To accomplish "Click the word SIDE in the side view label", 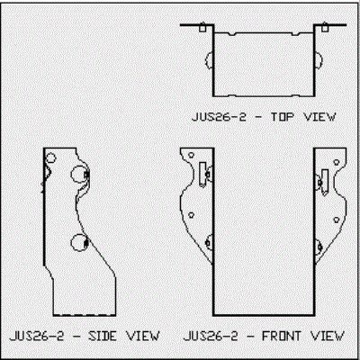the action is pos(103,336).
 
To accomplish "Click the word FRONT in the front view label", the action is pos(282,336).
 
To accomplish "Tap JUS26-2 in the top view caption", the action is pos(219,117).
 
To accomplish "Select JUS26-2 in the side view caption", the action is pos(37,336).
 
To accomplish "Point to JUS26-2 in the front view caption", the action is pos(211,336).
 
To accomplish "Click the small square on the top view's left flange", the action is pos(202,28).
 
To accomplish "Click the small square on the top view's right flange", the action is pos(325,28).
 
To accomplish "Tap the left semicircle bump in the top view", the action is pos(206,60).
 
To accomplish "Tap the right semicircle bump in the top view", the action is pos(320,60).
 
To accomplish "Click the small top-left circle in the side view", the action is pos(51,157).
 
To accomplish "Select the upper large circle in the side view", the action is pos(79,174).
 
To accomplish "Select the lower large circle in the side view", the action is pos(79,242).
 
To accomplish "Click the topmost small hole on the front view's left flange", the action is pos(191,156).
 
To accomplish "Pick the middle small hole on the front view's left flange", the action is pos(191,215).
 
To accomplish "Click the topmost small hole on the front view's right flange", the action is pos(337,162).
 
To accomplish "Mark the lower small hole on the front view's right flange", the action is pos(337,220).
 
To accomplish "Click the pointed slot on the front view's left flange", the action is pos(202,175).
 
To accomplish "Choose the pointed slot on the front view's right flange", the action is pos(325,183).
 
